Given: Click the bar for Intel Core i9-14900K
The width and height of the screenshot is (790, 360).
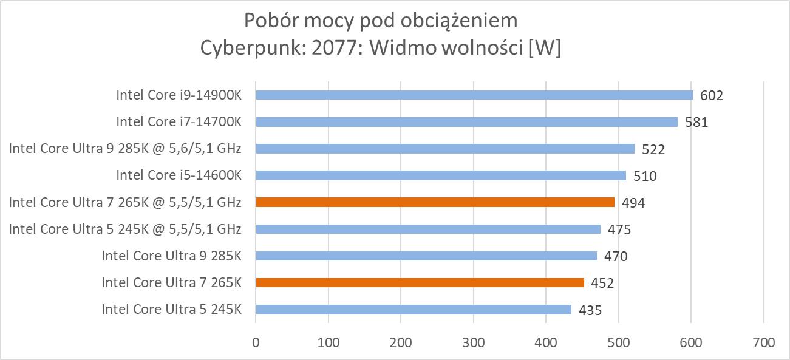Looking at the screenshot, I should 474,95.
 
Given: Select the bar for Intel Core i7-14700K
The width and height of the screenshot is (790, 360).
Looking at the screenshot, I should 466,121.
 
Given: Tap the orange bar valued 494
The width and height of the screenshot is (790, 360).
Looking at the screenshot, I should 435,202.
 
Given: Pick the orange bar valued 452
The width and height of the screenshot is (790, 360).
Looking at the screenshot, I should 420,282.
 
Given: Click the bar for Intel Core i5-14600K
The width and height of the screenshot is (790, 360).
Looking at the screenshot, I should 440,175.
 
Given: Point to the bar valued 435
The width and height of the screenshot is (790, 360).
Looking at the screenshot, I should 414,310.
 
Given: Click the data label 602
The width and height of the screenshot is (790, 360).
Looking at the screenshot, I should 712,96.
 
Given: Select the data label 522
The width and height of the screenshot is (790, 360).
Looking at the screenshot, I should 653,149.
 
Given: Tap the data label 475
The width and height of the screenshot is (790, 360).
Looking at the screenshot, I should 619,229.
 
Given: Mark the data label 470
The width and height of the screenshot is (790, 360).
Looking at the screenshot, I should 616,256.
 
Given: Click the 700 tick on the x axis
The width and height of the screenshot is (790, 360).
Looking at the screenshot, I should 763,342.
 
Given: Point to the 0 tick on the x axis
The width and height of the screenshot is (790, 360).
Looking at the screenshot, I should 256,342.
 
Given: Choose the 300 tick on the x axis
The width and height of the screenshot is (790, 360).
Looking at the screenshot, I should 474,342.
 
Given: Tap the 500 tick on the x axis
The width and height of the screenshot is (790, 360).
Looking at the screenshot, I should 618,342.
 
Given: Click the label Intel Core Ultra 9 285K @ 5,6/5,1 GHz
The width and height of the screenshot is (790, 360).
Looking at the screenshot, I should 125,149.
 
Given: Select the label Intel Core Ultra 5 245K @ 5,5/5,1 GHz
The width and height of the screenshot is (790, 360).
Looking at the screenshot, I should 125,229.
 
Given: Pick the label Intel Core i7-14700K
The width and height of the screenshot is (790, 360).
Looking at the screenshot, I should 179,122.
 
